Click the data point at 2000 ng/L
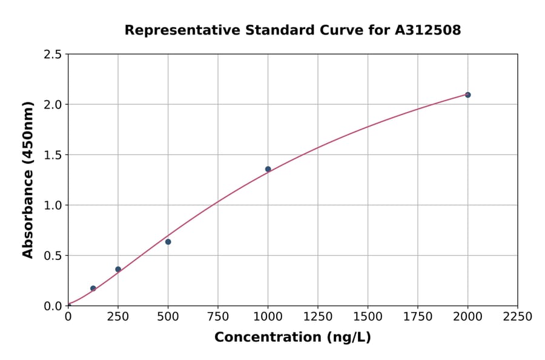(x=467, y=95)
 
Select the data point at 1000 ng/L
(x=268, y=169)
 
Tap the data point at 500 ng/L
(x=168, y=242)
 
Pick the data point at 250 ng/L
(x=118, y=269)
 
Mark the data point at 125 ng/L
(x=93, y=288)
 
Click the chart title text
(x=292, y=30)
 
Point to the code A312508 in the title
(x=428, y=30)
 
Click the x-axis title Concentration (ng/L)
(x=292, y=337)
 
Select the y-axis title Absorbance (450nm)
(x=28, y=179)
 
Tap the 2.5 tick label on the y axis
(x=52, y=55)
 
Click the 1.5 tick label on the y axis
(x=52, y=155)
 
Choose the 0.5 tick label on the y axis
(x=52, y=256)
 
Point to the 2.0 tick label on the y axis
(x=52, y=105)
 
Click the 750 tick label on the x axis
(x=218, y=316)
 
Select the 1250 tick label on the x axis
(x=318, y=316)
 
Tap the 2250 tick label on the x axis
(x=518, y=316)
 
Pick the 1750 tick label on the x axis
(x=418, y=316)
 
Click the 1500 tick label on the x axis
(x=368, y=316)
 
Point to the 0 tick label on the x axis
(x=68, y=316)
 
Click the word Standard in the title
(x=276, y=30)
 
